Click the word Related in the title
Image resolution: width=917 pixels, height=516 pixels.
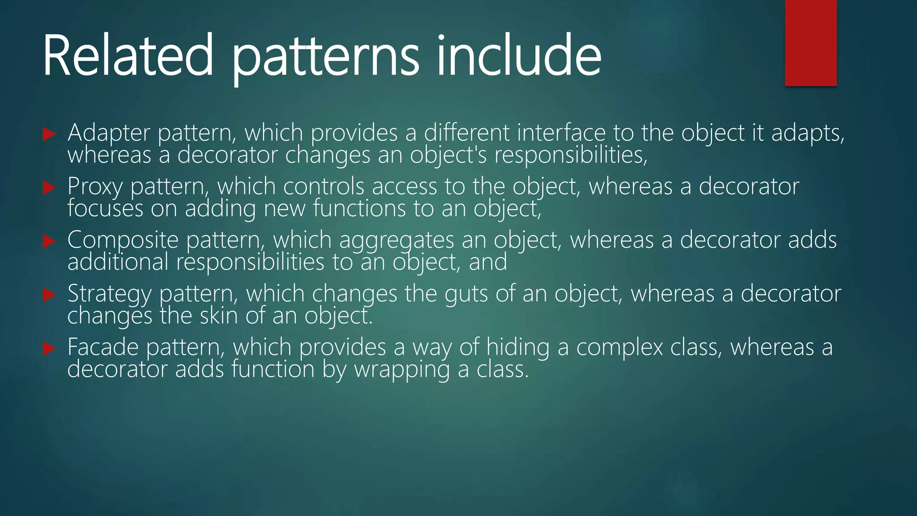(x=128, y=56)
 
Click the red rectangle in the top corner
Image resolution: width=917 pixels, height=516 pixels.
(x=810, y=43)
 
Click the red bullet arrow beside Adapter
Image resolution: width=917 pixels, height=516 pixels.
(x=49, y=134)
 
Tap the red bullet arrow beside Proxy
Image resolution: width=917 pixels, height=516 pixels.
(x=49, y=188)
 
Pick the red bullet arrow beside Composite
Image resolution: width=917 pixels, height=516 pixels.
(x=49, y=241)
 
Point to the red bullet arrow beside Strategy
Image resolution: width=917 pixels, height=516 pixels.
(x=49, y=295)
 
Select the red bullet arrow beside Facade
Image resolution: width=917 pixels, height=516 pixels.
(x=49, y=348)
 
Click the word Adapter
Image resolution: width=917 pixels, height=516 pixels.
(x=109, y=133)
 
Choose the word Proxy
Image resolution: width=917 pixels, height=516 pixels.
(x=95, y=187)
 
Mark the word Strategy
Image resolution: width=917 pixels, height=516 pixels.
(x=109, y=294)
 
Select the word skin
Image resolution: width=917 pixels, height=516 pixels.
(x=219, y=316)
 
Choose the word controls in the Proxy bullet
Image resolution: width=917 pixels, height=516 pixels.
(x=323, y=186)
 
